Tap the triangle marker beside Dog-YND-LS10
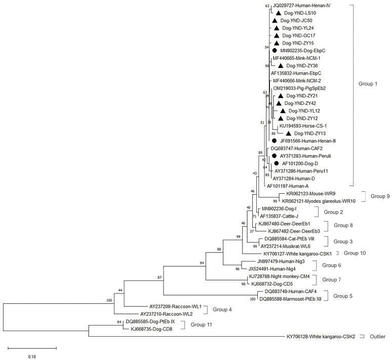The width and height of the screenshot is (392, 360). point(278,13)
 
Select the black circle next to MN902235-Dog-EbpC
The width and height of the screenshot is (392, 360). point(274,51)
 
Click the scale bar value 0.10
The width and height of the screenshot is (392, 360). point(32,355)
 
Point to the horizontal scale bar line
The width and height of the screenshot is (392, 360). point(32,348)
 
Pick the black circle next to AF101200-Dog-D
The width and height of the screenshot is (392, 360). point(277,163)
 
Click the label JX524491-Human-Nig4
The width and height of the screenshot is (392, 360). point(273,269)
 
